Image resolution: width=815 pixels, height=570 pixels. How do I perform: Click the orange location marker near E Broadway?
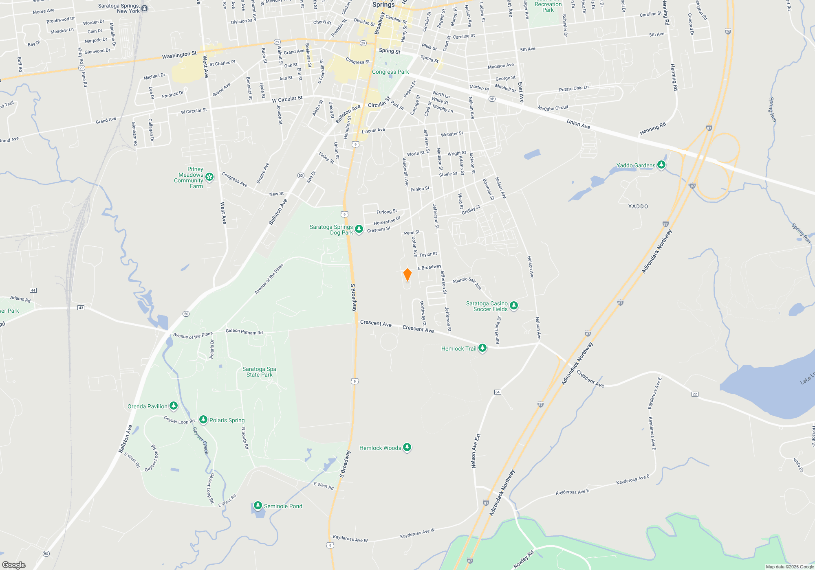click(x=407, y=275)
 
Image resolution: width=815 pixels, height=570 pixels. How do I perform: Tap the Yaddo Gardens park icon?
click(x=661, y=165)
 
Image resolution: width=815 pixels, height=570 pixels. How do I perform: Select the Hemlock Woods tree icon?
click(x=407, y=447)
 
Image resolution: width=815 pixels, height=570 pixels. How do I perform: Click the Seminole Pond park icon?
click(x=258, y=506)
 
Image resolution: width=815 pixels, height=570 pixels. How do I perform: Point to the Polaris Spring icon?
click(x=203, y=420)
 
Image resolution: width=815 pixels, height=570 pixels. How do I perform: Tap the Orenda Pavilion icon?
click(x=174, y=406)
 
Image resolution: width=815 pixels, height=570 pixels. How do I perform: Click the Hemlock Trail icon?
click(x=482, y=348)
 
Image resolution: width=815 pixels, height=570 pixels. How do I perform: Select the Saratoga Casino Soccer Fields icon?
click(x=514, y=306)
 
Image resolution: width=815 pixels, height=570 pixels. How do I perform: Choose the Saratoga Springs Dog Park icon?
click(x=359, y=229)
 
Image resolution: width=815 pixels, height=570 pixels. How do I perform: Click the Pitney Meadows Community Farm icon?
click(x=209, y=177)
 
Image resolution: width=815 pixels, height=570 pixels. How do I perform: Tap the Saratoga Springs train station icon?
click(x=145, y=9)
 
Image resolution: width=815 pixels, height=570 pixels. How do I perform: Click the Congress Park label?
click(x=390, y=72)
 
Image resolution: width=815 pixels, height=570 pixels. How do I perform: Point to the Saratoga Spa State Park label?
click(x=259, y=372)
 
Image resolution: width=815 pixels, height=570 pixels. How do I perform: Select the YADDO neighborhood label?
click(x=638, y=206)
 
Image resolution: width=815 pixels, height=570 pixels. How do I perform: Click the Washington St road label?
click(x=179, y=55)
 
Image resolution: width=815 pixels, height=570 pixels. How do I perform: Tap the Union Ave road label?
click(x=578, y=124)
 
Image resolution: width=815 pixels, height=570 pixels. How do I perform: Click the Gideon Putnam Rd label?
click(x=244, y=332)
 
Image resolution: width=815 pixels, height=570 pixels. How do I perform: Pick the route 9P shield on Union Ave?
click(x=492, y=99)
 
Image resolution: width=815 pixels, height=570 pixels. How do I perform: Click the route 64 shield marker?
click(x=498, y=392)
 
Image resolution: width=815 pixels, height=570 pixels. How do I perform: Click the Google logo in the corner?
click(x=14, y=565)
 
